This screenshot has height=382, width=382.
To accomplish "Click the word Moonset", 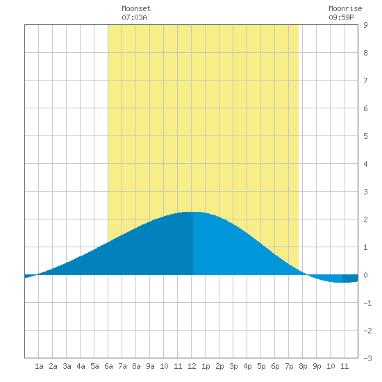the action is [x=136, y=8].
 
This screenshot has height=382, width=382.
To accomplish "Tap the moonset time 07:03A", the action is [x=134, y=17].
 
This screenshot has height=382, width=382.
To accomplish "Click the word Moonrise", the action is [x=345, y=8].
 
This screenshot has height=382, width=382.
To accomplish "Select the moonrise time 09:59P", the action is [x=341, y=17].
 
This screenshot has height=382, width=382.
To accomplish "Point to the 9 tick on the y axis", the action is [x=365, y=25].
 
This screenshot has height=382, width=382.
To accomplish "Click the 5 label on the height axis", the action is [x=365, y=136].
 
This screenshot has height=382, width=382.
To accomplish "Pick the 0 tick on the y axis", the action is [x=365, y=275].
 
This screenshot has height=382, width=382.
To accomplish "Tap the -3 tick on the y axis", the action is [x=367, y=358].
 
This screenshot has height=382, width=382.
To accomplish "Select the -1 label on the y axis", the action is [x=367, y=303].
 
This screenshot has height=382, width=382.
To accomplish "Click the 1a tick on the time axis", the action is [x=39, y=366].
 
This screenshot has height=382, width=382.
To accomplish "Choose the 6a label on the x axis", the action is [x=108, y=366].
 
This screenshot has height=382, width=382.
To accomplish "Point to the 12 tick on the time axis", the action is [x=192, y=366].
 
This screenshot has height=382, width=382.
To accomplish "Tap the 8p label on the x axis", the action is [x=303, y=366].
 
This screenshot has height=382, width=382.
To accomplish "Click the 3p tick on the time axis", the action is [x=233, y=366].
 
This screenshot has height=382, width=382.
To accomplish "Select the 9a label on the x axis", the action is [x=150, y=366].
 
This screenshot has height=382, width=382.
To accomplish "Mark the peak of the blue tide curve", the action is [x=192, y=212].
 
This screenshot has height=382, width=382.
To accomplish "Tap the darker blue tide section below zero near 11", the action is [x=350, y=279].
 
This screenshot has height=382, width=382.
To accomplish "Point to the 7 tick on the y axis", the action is [x=365, y=81].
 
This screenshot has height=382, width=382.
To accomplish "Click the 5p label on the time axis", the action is [x=261, y=366].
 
